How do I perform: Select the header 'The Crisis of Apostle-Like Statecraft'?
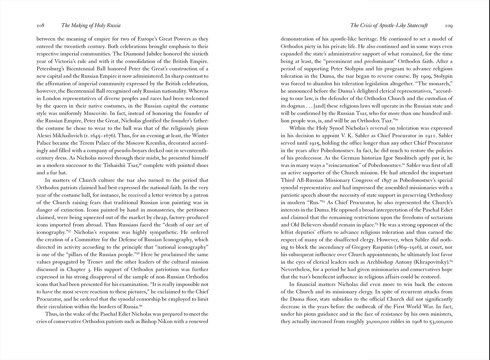(389, 26)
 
